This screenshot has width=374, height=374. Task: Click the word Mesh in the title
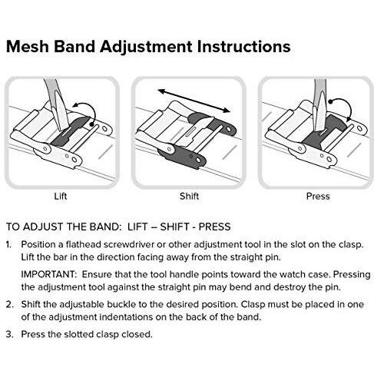[x=28, y=47]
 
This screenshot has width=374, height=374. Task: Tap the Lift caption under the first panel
[x=61, y=197]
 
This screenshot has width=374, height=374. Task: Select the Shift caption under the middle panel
[x=189, y=197]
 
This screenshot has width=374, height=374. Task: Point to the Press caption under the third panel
[x=318, y=197]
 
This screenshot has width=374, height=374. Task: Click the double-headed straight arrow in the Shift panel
[x=194, y=101]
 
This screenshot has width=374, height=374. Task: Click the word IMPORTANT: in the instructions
[x=49, y=274]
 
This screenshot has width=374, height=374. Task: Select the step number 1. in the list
[x=9, y=244]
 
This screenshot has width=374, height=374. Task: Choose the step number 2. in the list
[x=10, y=304]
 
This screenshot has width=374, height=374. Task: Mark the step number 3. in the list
[x=10, y=334]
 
